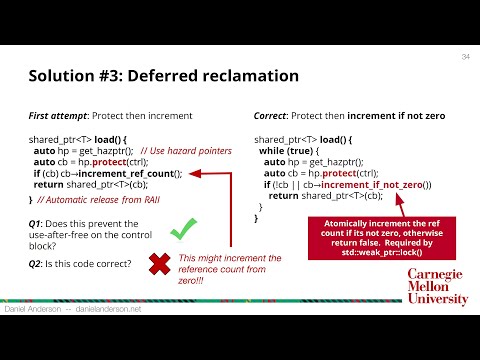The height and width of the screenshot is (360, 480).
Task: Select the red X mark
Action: (x=158, y=264)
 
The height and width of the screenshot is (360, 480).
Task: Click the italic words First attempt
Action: (x=58, y=117)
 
